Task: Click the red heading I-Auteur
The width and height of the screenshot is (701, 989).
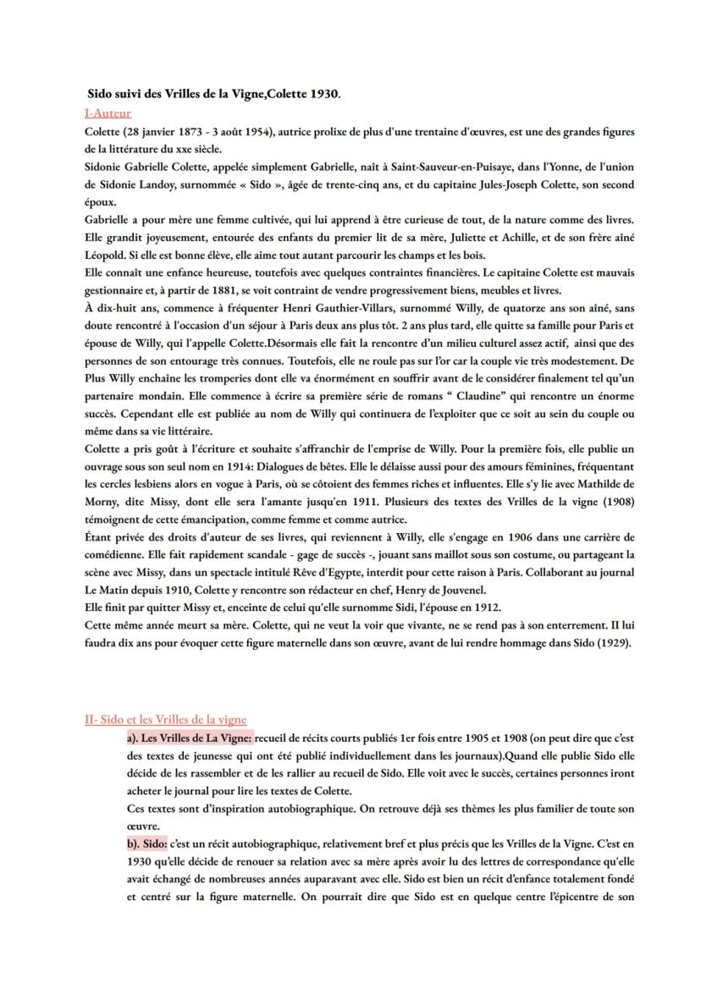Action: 108,113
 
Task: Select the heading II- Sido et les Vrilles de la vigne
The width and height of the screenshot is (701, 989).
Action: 166,719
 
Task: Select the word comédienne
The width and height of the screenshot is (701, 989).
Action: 121,554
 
